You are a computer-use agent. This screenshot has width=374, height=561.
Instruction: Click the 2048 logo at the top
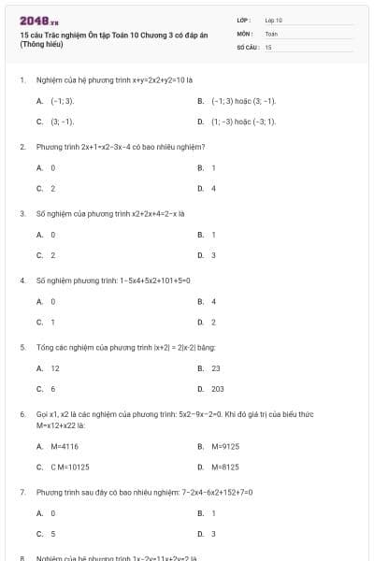pyautogui.click(x=33, y=20)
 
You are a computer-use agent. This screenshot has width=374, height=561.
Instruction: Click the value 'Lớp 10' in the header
pyautogui.click(x=274, y=20)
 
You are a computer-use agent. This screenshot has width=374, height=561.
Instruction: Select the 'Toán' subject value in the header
pyautogui.click(x=271, y=33)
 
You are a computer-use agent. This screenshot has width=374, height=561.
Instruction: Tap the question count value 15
pyautogui.click(x=268, y=46)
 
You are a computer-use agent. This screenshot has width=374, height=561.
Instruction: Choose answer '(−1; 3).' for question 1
pyautogui.click(x=62, y=100)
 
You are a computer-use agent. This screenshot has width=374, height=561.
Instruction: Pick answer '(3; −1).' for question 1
pyautogui.click(x=62, y=122)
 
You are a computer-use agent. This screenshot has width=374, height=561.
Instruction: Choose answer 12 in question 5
pyautogui.click(x=55, y=368)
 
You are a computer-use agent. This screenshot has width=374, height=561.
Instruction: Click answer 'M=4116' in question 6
pyautogui.click(x=65, y=446)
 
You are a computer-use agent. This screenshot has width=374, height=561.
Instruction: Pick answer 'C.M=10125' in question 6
pyautogui.click(x=70, y=467)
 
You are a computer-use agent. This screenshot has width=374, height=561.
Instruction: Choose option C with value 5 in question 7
pyautogui.click(x=52, y=534)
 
